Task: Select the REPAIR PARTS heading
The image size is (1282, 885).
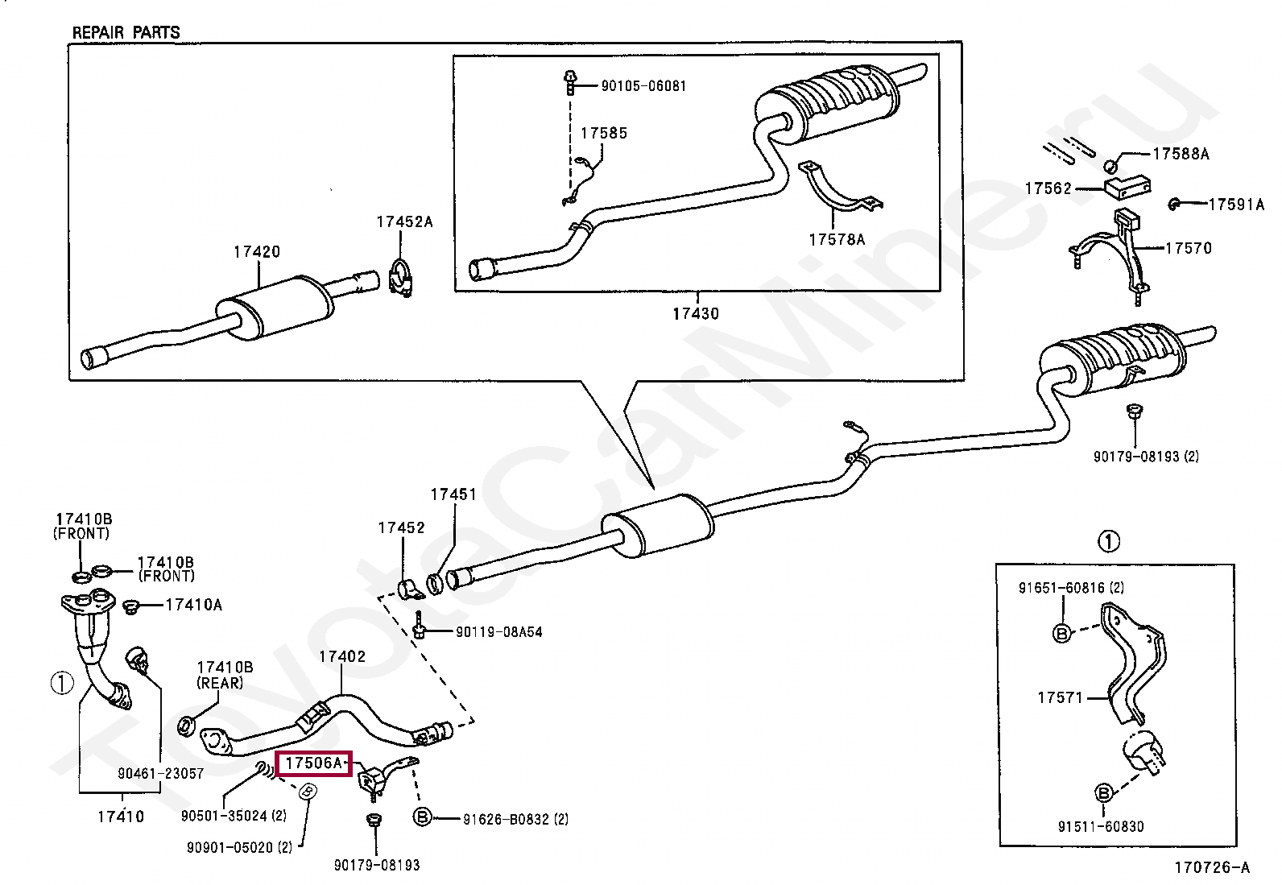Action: pyautogui.click(x=126, y=33)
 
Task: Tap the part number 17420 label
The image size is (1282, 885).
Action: pyautogui.click(x=257, y=252)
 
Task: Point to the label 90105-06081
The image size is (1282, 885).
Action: pyautogui.click(x=643, y=86)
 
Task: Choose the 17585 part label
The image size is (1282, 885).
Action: pyautogui.click(x=603, y=134)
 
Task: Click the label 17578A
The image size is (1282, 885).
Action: pyautogui.click(x=837, y=239)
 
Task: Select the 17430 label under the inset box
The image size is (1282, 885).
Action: pyautogui.click(x=696, y=314)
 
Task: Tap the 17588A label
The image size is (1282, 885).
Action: pyautogui.click(x=1180, y=154)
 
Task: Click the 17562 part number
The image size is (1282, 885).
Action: pyautogui.click(x=1048, y=188)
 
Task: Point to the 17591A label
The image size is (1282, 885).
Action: pyautogui.click(x=1236, y=205)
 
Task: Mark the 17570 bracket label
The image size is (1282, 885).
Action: pyautogui.click(x=1188, y=248)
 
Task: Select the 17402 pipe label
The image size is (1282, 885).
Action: pyautogui.click(x=341, y=656)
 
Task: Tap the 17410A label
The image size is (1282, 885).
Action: pyautogui.click(x=193, y=604)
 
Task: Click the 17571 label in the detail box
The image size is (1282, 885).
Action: pyautogui.click(x=1061, y=698)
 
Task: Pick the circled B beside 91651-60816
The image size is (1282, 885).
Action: pyautogui.click(x=1061, y=634)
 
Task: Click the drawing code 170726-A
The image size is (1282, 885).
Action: pyautogui.click(x=1211, y=867)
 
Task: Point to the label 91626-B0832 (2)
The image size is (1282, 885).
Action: pyautogui.click(x=515, y=820)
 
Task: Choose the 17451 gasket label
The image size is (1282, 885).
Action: pyautogui.click(x=453, y=494)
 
